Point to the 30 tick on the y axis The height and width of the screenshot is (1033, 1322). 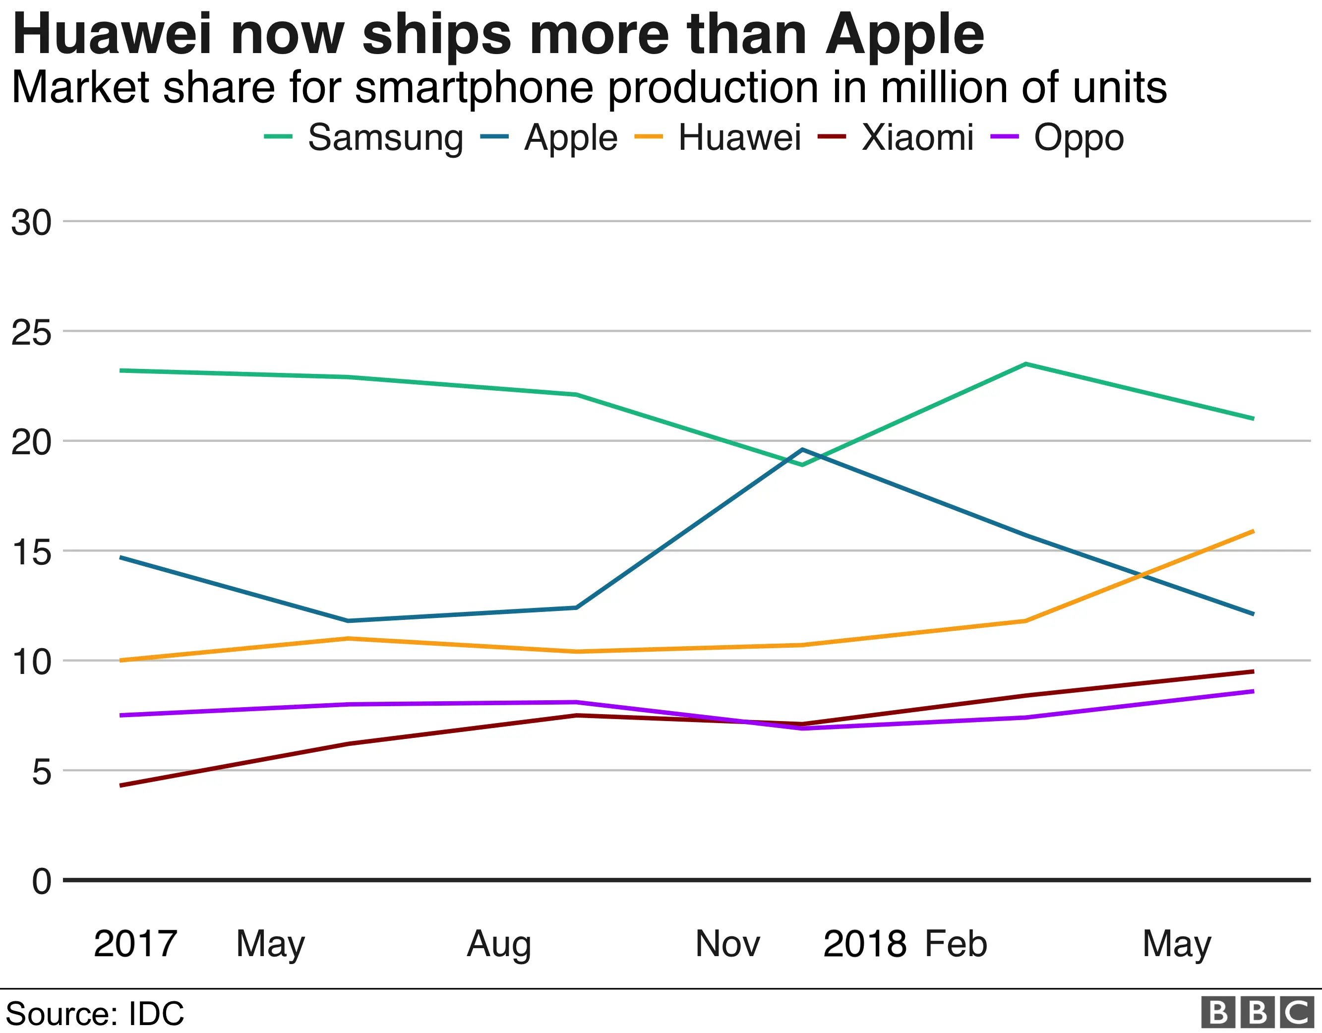(31, 223)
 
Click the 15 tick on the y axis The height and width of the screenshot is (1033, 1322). (31, 552)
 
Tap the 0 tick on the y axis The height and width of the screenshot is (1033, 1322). (41, 881)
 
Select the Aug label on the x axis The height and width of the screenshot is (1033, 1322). (499, 944)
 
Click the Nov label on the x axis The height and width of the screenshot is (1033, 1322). (727, 944)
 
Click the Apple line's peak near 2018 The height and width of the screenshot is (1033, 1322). (802, 450)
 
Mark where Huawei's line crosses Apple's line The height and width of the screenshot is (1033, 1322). (1141, 574)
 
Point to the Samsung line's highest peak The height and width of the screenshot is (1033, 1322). (1025, 364)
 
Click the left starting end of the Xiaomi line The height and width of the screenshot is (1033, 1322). (121, 786)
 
